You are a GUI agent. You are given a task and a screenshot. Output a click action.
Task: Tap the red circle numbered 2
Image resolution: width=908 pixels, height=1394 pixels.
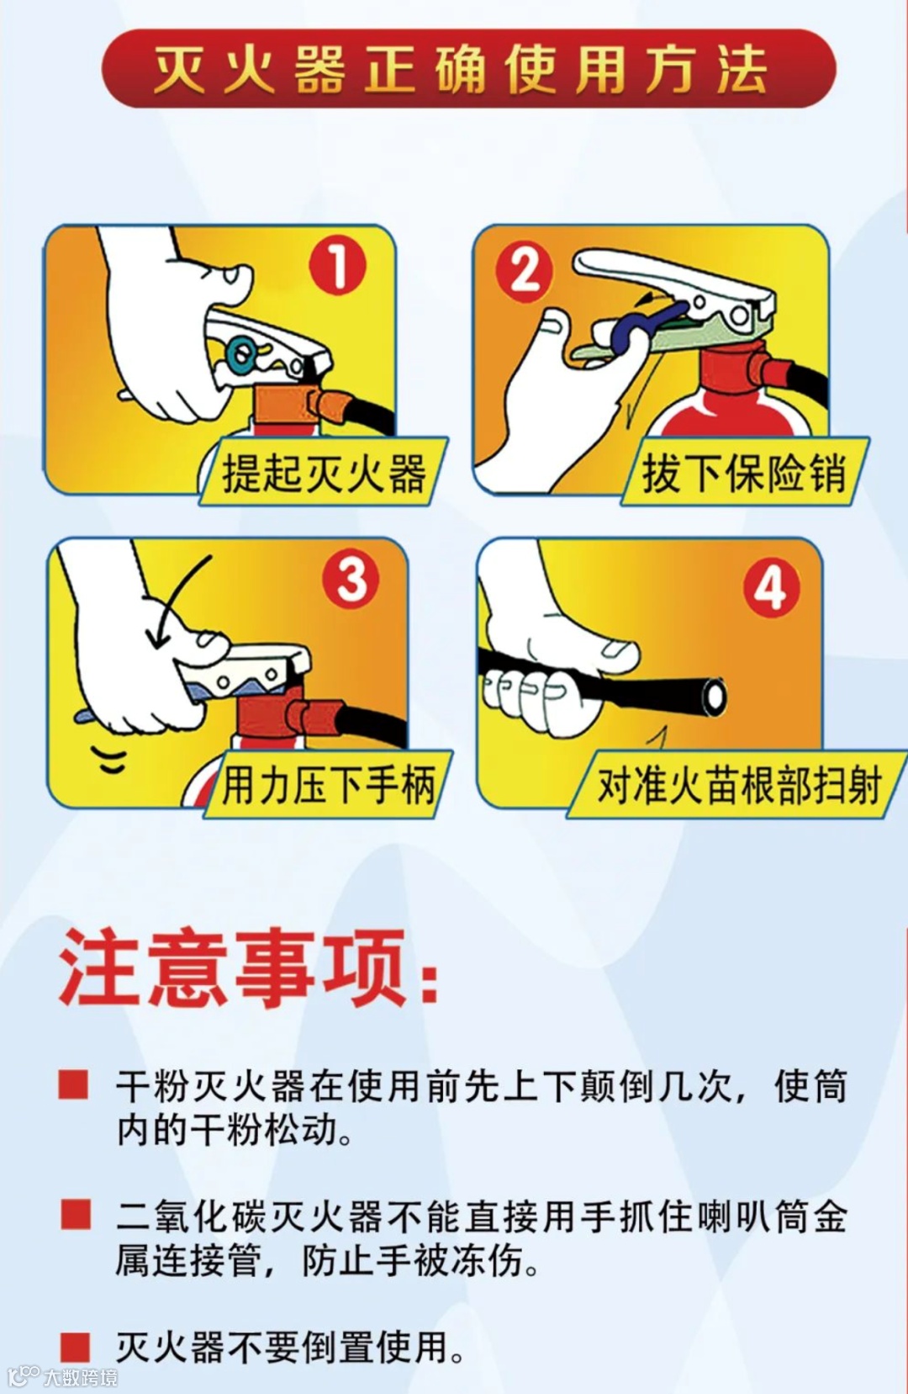click(x=523, y=272)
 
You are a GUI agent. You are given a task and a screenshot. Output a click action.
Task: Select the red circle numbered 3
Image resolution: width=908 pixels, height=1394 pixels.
click(x=351, y=580)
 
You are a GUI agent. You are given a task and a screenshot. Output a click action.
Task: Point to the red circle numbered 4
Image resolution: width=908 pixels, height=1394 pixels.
click(x=772, y=587)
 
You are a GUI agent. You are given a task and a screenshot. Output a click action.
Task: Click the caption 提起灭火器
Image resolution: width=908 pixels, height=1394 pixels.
click(x=324, y=473)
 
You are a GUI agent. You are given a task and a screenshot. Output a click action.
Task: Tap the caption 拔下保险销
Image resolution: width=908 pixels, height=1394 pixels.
click(x=744, y=473)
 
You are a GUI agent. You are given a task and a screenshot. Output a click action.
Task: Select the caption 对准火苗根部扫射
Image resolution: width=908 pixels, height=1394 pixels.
click(x=739, y=786)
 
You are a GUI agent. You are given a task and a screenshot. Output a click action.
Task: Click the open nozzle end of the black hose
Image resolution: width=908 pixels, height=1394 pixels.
click(x=714, y=695)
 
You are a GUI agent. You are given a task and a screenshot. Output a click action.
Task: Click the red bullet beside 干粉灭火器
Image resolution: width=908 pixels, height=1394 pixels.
click(x=73, y=1084)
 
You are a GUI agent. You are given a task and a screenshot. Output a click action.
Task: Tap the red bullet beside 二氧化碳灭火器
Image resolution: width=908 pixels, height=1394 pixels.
click(x=76, y=1214)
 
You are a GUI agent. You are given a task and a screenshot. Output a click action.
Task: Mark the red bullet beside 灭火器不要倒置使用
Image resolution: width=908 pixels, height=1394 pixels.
click(x=76, y=1346)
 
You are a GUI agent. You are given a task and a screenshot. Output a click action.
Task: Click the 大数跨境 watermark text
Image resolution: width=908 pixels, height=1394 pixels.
click(x=80, y=1377)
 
